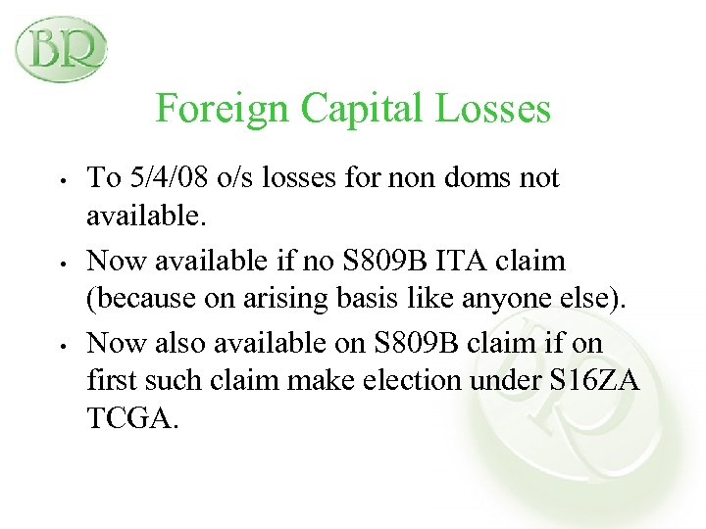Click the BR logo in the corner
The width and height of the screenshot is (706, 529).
61,47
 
